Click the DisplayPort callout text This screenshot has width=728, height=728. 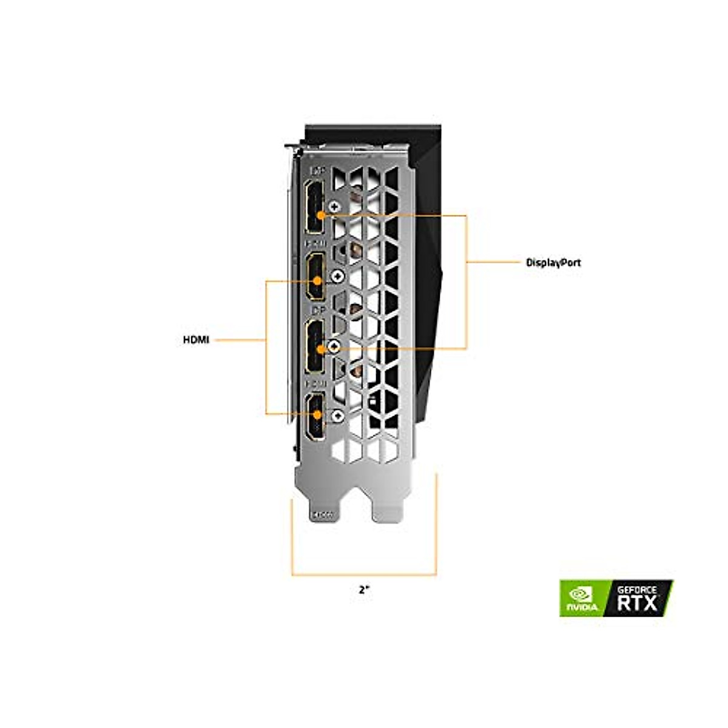pyautogui.click(x=553, y=263)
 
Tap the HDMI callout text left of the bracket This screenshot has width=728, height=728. pyautogui.click(x=196, y=340)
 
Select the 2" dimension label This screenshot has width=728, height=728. pyautogui.click(x=363, y=589)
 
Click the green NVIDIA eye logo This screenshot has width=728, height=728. pyautogui.click(x=581, y=598)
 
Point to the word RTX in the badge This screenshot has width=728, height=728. pyautogui.click(x=637, y=604)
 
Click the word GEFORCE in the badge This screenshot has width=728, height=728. pyautogui.click(x=637, y=589)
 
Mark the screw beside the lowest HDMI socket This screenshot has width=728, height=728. pyautogui.click(x=337, y=416)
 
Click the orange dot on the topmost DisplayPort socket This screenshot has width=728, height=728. pyautogui.click(x=320, y=214)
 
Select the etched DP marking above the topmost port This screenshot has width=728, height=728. pyautogui.click(x=317, y=172)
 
